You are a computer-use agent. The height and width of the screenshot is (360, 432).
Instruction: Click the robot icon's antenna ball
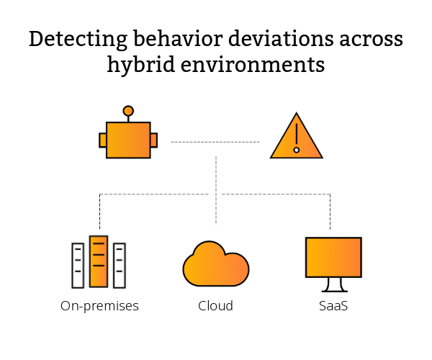(128, 111)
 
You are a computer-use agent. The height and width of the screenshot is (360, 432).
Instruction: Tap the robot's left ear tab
(102, 140)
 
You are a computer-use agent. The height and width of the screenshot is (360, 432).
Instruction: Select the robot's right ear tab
(154, 140)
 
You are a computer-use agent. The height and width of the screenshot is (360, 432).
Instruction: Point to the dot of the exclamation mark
(296, 150)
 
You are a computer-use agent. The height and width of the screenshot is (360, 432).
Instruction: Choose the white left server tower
(78, 265)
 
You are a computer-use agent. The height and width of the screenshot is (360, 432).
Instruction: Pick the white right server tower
(120, 265)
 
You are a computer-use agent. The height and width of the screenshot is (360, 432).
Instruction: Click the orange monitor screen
(333, 257)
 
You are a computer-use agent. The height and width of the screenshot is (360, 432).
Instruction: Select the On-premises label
(99, 306)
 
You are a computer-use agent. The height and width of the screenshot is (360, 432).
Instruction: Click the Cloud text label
(216, 306)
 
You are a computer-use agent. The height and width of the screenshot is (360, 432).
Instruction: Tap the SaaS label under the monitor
(333, 306)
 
